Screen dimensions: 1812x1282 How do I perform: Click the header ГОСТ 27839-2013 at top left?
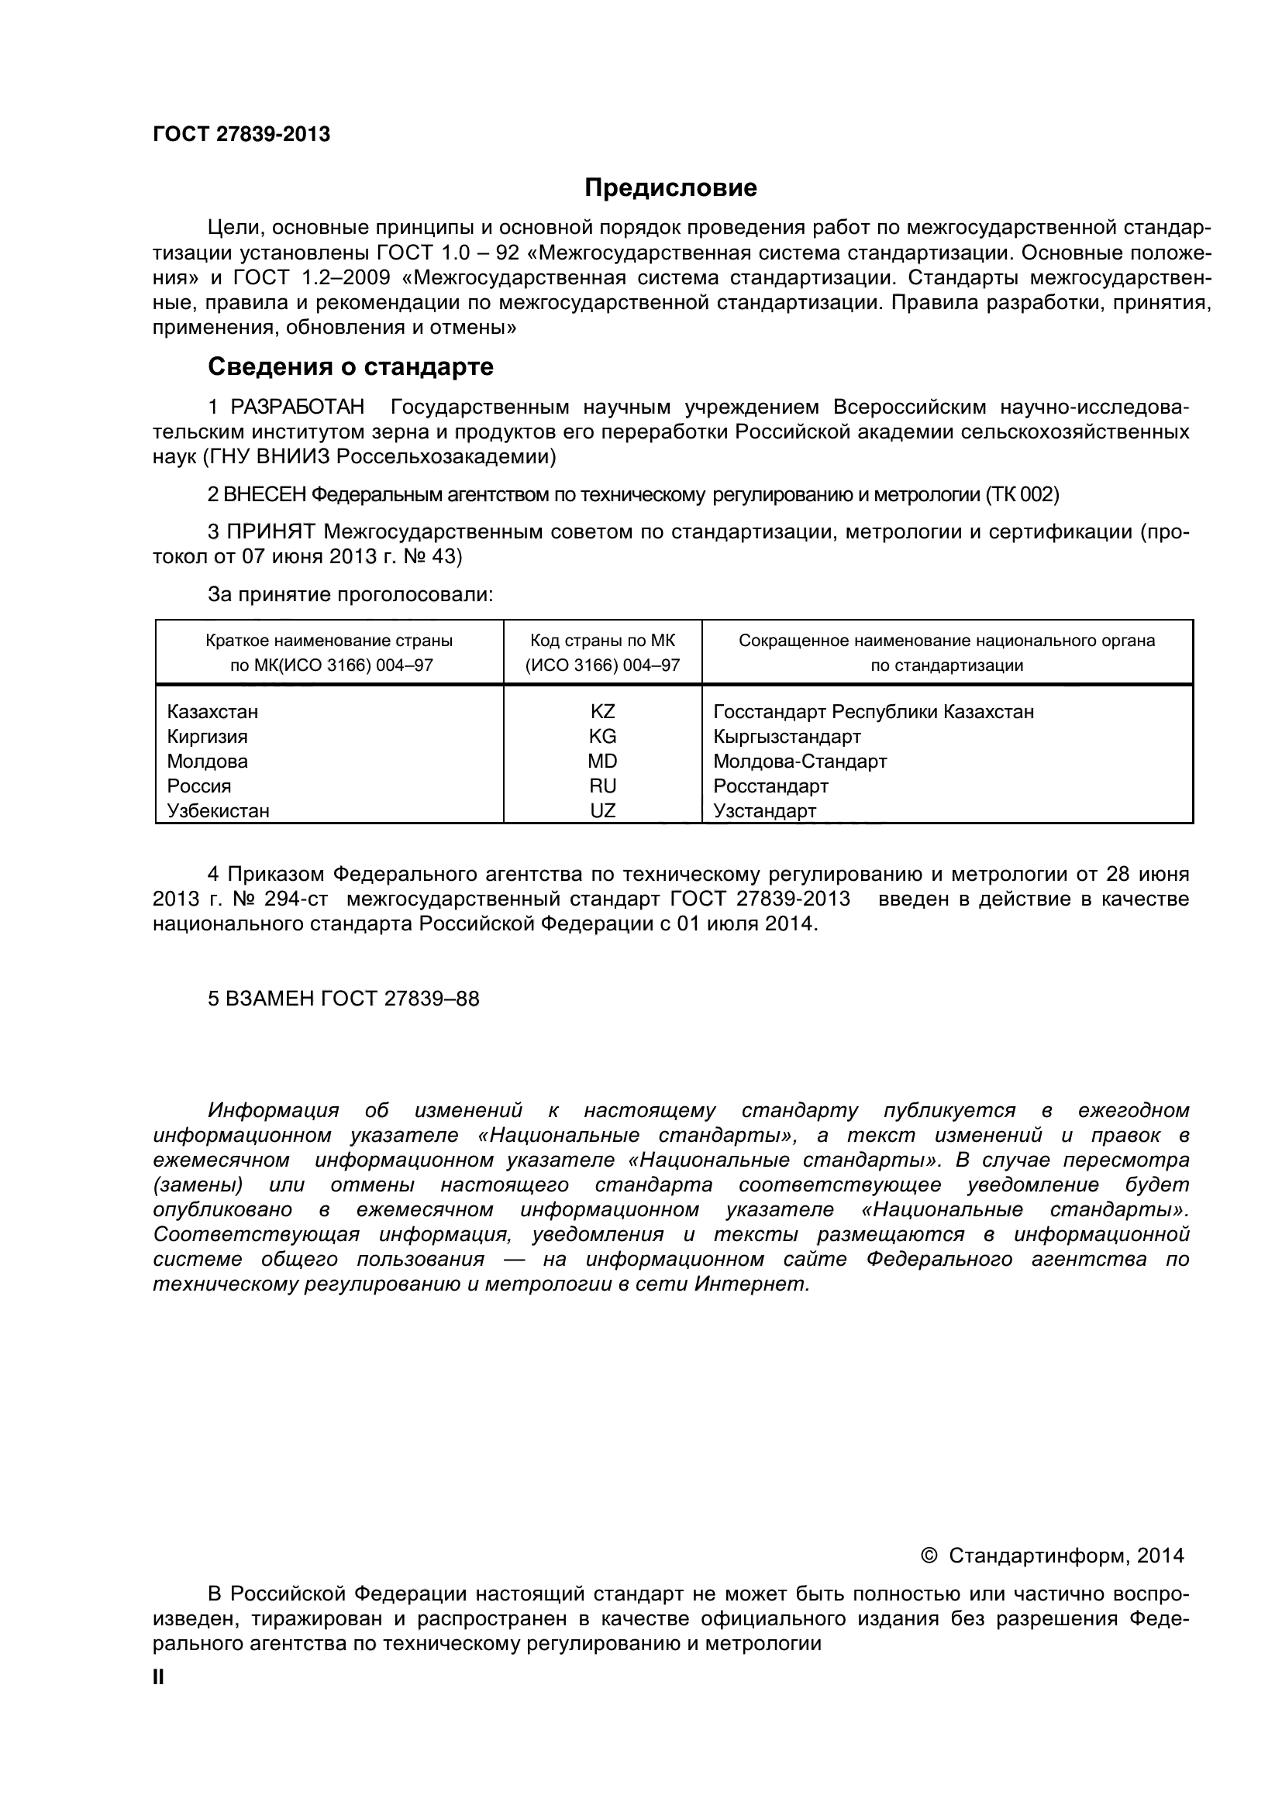point(241,134)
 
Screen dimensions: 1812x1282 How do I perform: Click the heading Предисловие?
point(670,187)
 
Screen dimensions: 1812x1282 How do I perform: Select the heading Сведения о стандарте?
point(350,367)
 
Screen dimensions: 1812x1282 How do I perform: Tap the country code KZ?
point(602,712)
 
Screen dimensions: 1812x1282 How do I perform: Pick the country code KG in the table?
point(602,736)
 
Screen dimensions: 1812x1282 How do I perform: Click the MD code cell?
point(602,762)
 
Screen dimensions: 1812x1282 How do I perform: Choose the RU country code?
point(602,786)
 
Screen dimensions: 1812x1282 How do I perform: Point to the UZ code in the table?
point(602,810)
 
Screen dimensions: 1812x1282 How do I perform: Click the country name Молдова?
point(207,762)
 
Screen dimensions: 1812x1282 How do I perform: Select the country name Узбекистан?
point(218,810)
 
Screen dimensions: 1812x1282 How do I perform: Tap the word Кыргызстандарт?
point(786,736)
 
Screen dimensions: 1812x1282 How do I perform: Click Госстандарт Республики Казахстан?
point(873,712)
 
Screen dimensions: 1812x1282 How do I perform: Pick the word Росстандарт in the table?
point(770,786)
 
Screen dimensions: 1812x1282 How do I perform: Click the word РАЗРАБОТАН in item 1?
point(298,407)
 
